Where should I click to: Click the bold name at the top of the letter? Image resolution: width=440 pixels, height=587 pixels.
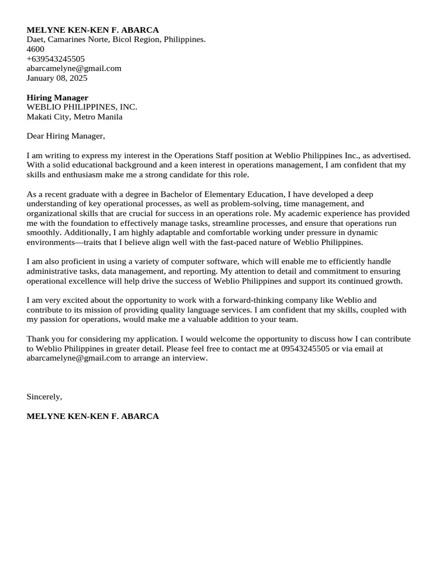pos(93,30)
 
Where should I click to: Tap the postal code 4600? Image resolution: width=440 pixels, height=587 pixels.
pos(36,49)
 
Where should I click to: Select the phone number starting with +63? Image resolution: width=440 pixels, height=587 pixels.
pos(56,59)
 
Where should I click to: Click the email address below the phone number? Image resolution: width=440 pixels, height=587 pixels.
pos(74,68)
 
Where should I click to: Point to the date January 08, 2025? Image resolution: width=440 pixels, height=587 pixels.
pos(57,78)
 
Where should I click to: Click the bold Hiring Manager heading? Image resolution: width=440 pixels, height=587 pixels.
pos(57,98)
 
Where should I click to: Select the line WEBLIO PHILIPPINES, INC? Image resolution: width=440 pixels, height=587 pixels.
pos(82,107)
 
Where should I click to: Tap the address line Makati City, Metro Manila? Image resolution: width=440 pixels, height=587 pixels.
pos(74,117)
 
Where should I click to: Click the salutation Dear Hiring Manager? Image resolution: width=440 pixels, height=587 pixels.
pos(66,136)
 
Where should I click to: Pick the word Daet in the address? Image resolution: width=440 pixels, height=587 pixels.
pos(36,40)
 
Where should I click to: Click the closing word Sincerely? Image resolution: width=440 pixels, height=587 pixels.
pos(44,397)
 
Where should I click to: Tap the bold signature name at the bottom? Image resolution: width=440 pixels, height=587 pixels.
pos(93,416)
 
